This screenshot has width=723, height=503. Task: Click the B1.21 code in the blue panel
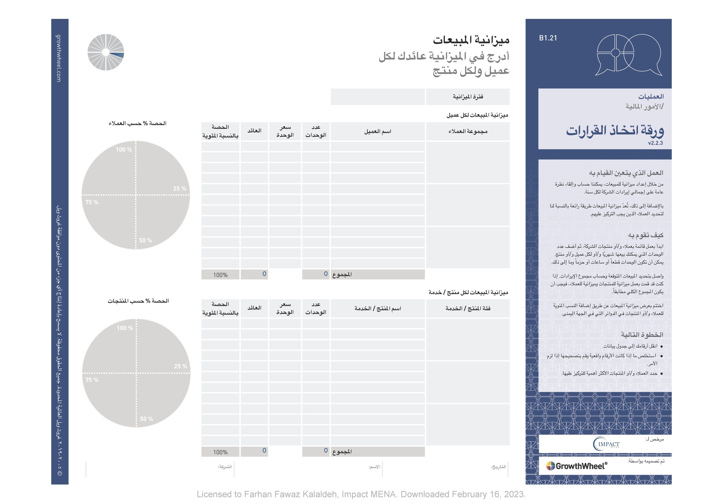tap(548, 38)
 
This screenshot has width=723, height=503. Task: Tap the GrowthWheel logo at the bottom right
tap(577, 466)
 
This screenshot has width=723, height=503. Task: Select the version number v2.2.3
tap(655, 143)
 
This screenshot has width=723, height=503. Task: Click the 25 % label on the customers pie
tap(180, 189)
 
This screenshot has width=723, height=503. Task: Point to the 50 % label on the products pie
tap(146, 419)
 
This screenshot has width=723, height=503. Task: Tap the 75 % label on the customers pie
tap(92, 202)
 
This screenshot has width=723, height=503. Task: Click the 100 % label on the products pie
tap(125, 328)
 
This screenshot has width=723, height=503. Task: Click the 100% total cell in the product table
tap(220, 452)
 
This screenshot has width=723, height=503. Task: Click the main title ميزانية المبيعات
tap(471, 40)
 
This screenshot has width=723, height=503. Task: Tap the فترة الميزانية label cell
tap(468, 97)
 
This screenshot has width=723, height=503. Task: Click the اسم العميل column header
tap(378, 131)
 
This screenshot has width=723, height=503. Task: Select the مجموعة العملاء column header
tap(468, 131)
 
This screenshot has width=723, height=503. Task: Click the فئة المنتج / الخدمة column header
tap(468, 309)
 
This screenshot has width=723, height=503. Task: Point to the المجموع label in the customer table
tap(342, 274)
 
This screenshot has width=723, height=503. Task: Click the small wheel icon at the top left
tap(106, 52)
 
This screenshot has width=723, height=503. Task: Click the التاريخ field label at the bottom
tap(498, 467)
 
